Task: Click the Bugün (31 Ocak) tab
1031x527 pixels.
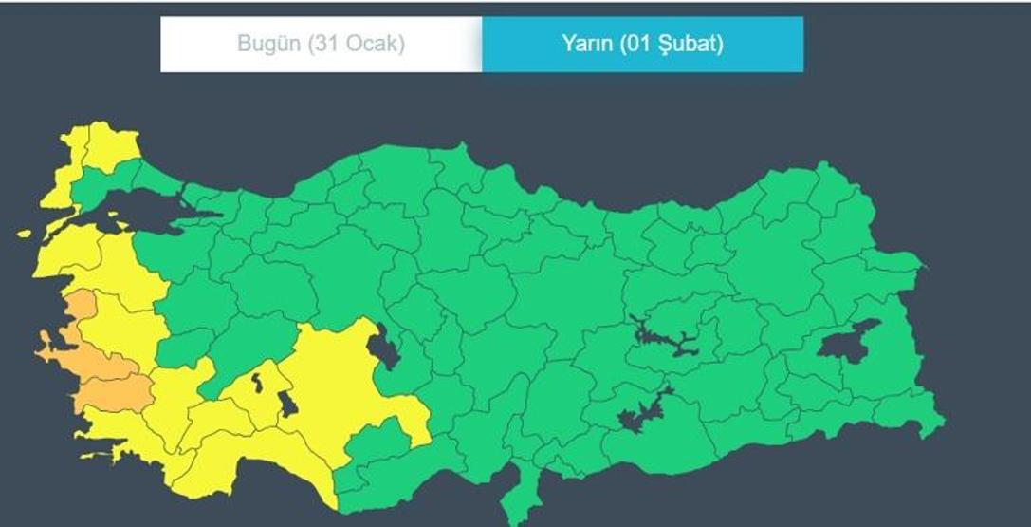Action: tap(321, 44)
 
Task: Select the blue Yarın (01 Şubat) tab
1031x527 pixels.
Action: tap(642, 44)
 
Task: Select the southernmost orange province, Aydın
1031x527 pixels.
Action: tap(119, 390)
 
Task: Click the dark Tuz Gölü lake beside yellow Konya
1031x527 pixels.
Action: tap(385, 348)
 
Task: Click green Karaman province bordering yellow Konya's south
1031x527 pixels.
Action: tap(379, 446)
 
